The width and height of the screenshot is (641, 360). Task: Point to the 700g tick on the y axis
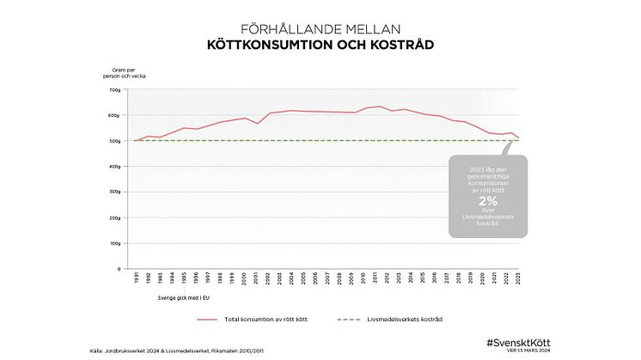click(x=116, y=89)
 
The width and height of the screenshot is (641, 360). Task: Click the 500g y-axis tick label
click(x=116, y=140)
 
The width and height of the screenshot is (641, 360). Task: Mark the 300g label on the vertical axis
click(x=116, y=192)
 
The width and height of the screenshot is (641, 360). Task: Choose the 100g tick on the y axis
click(x=116, y=243)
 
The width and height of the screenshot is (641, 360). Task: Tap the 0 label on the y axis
click(x=119, y=269)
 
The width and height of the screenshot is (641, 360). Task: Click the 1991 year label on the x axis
click(x=135, y=280)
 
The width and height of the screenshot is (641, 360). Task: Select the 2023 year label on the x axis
click(x=517, y=280)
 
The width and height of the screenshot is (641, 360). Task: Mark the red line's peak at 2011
click(x=380, y=107)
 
